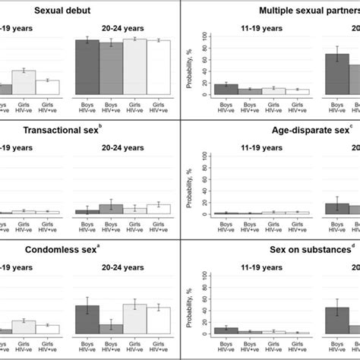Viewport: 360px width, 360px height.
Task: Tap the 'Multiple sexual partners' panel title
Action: (x=307, y=10)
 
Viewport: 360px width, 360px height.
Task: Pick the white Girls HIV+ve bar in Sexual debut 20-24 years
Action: (x=159, y=68)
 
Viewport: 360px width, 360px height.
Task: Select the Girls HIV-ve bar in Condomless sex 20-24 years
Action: (x=135, y=319)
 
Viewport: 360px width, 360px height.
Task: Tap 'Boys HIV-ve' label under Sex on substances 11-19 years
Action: (x=226, y=346)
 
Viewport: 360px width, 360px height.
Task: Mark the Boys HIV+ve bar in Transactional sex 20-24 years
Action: (x=111, y=209)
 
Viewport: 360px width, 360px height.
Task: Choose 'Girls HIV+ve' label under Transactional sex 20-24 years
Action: (x=159, y=226)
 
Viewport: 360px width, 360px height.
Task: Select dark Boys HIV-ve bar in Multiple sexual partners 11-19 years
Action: (x=226, y=89)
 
